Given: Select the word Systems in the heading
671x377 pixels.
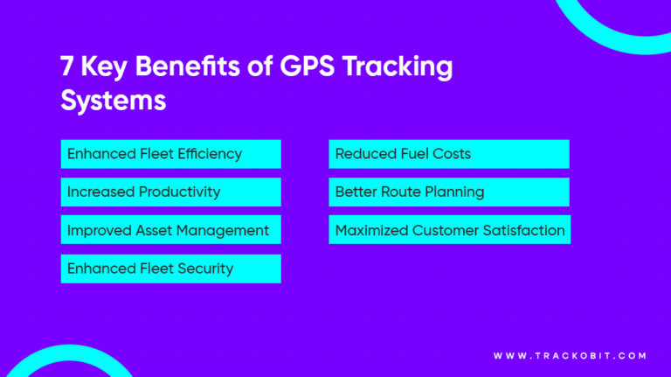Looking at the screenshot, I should [114, 100].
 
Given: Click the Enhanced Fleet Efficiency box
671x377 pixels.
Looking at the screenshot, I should [170, 154].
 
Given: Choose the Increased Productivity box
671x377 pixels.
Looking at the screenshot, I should [170, 192].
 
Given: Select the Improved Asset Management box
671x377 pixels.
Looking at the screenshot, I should [170, 230].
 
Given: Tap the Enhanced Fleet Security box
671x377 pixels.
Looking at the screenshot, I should [170, 269].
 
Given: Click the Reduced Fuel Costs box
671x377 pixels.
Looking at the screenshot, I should [448, 154].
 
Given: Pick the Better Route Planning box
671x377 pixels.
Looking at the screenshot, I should [448, 192].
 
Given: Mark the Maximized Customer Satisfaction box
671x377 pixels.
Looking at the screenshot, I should [449, 230].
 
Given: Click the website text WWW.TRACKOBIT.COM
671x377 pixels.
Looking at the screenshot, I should [570, 356].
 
